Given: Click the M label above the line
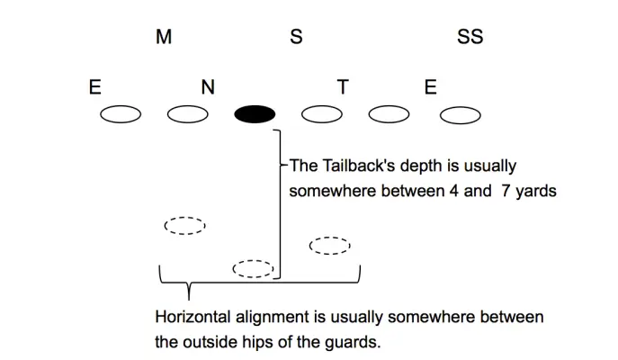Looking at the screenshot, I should (x=164, y=38).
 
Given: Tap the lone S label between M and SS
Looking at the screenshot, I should (x=296, y=38).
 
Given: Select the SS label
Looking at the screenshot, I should (x=470, y=38).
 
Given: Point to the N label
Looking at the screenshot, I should (x=208, y=87).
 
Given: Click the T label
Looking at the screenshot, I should (x=342, y=87).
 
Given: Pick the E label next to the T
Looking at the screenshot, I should (x=430, y=87).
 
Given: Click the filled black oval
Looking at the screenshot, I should (x=255, y=114).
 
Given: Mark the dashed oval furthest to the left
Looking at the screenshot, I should (x=184, y=225).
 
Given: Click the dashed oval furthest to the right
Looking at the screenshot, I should (x=329, y=245).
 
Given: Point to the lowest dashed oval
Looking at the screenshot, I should (x=253, y=268).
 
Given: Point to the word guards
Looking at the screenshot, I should (x=362, y=342).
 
